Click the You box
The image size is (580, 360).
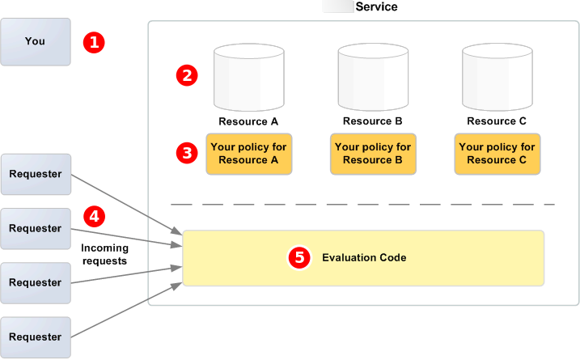click(x=35, y=41)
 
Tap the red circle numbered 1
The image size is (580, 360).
click(x=95, y=42)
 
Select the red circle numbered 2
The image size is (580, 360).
click(x=188, y=76)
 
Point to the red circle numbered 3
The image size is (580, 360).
click(x=188, y=152)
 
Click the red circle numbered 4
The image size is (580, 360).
click(x=95, y=217)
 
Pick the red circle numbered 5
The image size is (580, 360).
click(x=300, y=258)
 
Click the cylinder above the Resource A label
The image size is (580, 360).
click(x=248, y=78)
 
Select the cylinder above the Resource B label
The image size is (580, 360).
click(x=373, y=78)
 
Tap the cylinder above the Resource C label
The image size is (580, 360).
click(x=497, y=78)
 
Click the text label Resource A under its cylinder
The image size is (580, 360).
click(x=248, y=121)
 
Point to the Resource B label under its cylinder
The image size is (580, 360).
click(x=373, y=121)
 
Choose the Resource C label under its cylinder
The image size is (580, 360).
click(x=497, y=121)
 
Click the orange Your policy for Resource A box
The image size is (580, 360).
click(x=248, y=154)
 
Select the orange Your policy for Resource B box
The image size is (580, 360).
click(x=373, y=154)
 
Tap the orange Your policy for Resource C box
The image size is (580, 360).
click(x=497, y=154)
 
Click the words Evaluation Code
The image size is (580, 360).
click(x=364, y=258)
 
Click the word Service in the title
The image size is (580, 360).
click(x=376, y=6)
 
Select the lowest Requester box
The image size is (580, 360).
click(x=35, y=337)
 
